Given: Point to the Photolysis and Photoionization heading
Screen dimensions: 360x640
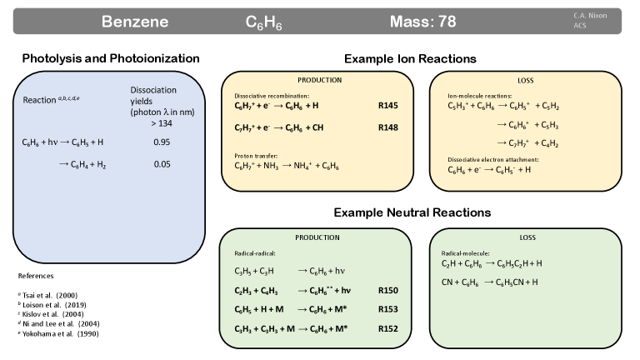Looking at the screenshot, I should coord(111,58).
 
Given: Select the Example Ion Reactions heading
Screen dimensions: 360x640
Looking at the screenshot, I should coord(410,59).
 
